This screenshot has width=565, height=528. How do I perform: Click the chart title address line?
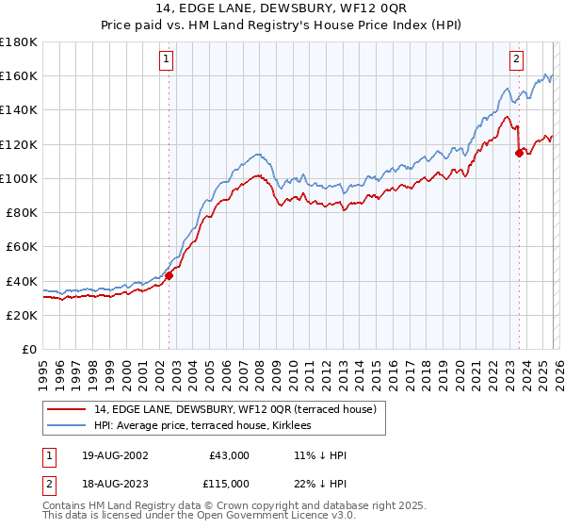282,8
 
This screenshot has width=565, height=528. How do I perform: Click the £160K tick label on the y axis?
19,75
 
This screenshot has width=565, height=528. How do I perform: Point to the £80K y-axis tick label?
21,212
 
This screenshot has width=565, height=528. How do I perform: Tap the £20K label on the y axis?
21,315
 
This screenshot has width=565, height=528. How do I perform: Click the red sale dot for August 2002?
169,276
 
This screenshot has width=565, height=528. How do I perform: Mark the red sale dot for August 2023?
519,154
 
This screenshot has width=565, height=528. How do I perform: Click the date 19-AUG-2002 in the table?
110,455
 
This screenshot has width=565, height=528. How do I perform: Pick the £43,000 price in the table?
228,455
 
